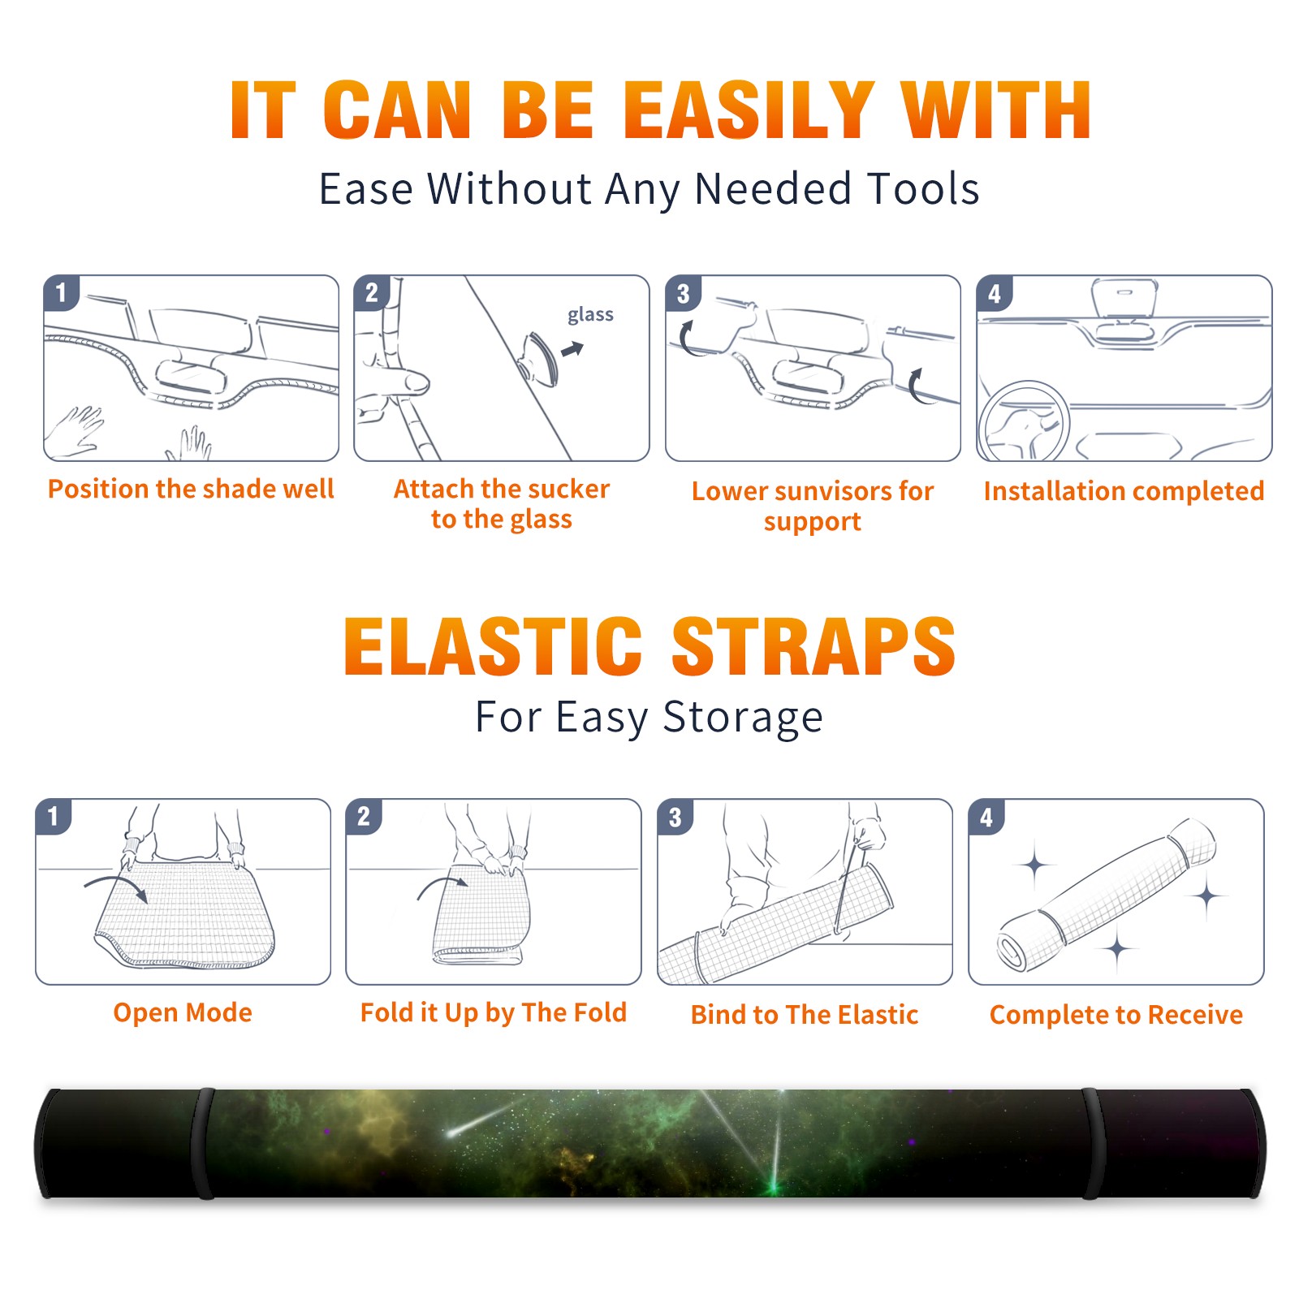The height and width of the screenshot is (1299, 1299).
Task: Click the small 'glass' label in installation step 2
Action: tap(590, 315)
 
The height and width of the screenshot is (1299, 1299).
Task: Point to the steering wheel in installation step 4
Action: tap(1023, 421)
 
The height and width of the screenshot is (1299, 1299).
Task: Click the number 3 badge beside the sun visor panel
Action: tap(683, 294)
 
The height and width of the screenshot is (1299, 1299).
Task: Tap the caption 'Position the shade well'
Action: tap(191, 489)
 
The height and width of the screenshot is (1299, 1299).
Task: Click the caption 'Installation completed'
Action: tap(1124, 491)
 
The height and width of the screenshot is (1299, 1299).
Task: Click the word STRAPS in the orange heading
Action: tap(813, 646)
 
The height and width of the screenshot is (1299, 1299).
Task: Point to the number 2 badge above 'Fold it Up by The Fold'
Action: tap(364, 817)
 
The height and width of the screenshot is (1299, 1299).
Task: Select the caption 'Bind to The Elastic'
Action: tap(804, 1015)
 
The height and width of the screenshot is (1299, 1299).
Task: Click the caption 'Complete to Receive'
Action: tap(1116, 1015)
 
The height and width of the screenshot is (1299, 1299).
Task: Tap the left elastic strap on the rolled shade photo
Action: tap(203, 1143)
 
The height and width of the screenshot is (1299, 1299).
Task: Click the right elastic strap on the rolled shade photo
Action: tap(1094, 1143)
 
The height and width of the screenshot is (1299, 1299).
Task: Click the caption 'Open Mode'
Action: tap(183, 1012)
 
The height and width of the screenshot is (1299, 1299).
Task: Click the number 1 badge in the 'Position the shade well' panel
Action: tap(61, 292)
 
